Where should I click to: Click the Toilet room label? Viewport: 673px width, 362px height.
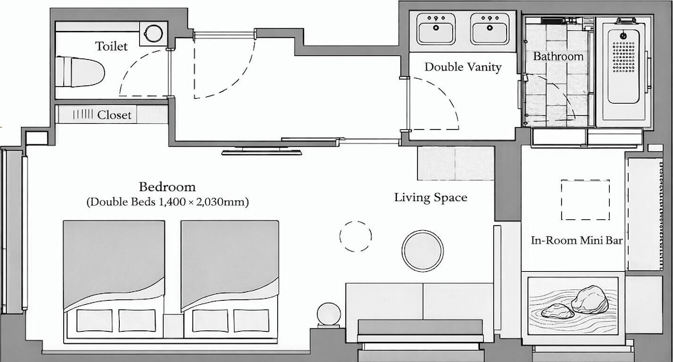point(111,46)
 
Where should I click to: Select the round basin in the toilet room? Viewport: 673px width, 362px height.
point(152,32)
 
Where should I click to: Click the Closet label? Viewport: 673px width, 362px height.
point(114,115)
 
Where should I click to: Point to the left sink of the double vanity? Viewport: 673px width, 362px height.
point(436,28)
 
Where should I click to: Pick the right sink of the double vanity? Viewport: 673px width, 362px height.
point(490,28)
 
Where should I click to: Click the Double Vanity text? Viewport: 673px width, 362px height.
point(463,67)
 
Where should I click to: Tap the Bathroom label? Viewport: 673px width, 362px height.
point(558,57)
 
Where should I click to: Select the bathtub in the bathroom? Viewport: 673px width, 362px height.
point(624,71)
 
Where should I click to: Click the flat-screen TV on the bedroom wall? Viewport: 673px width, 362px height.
point(262,151)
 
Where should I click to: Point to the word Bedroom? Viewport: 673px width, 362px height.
point(168,187)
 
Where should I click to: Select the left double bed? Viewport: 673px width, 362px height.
point(114,281)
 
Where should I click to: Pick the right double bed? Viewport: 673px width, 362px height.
point(229,281)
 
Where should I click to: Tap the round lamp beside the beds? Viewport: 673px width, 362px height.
point(328,314)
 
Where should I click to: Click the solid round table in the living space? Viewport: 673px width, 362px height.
point(423,251)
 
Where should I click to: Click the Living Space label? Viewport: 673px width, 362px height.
point(431,198)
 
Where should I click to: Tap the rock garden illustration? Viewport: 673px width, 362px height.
point(573,305)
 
